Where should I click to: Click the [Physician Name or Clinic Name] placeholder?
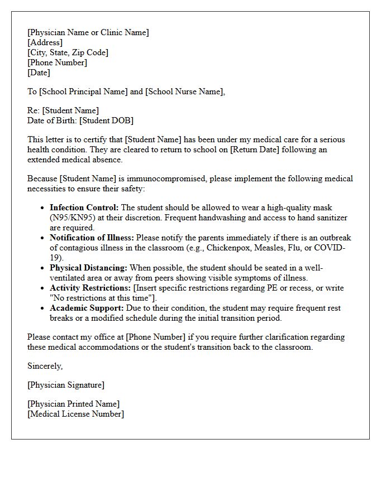[x=88, y=32]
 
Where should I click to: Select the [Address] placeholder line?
[x=45, y=42]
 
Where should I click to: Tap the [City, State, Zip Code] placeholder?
[x=68, y=52]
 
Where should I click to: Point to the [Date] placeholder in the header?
[x=39, y=73]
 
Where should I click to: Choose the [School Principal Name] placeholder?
[x=83, y=91]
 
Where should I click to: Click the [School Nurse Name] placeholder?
[x=184, y=91]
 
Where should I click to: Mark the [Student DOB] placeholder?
[x=106, y=120]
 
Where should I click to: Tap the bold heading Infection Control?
[x=84, y=207]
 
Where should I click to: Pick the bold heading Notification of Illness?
[x=92, y=238]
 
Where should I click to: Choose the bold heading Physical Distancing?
[x=88, y=268]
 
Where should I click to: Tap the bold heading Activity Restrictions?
[x=89, y=288]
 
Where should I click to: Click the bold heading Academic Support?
[x=85, y=308]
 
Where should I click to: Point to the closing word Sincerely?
[x=45, y=366]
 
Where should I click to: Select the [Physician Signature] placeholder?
[x=66, y=385]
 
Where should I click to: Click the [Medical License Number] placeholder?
[x=76, y=414]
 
